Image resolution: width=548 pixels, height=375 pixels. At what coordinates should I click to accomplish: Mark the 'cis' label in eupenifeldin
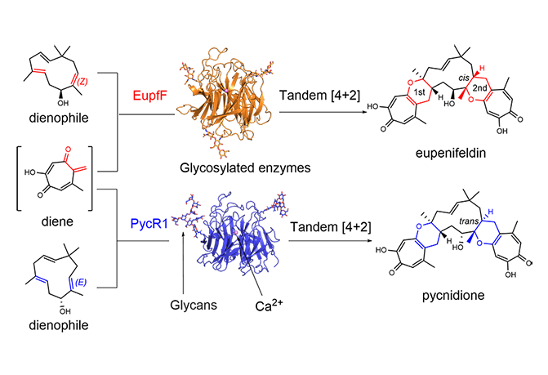pyautogui.click(x=443, y=69)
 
